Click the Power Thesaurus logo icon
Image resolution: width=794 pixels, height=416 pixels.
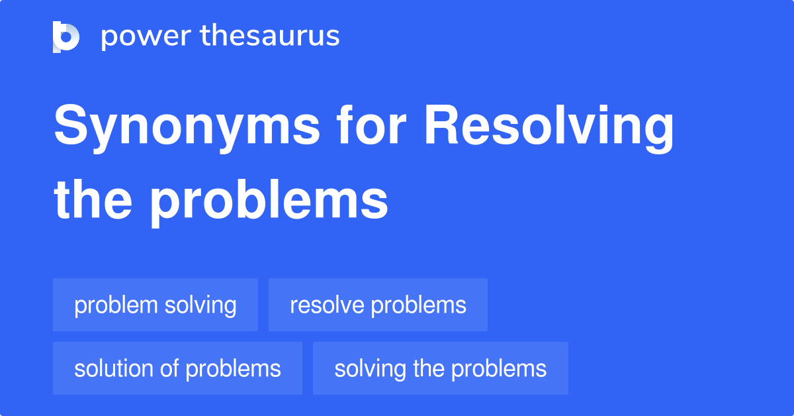(66, 36)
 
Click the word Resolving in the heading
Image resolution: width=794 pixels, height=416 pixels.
(549, 128)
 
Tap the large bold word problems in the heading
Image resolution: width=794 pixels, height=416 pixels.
(268, 201)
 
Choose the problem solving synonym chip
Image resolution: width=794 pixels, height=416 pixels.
(155, 305)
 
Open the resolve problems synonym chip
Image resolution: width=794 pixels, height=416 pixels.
(378, 305)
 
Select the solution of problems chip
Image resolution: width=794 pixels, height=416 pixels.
(177, 368)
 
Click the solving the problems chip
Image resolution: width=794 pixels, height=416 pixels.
(440, 368)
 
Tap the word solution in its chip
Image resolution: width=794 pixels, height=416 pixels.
(115, 368)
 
